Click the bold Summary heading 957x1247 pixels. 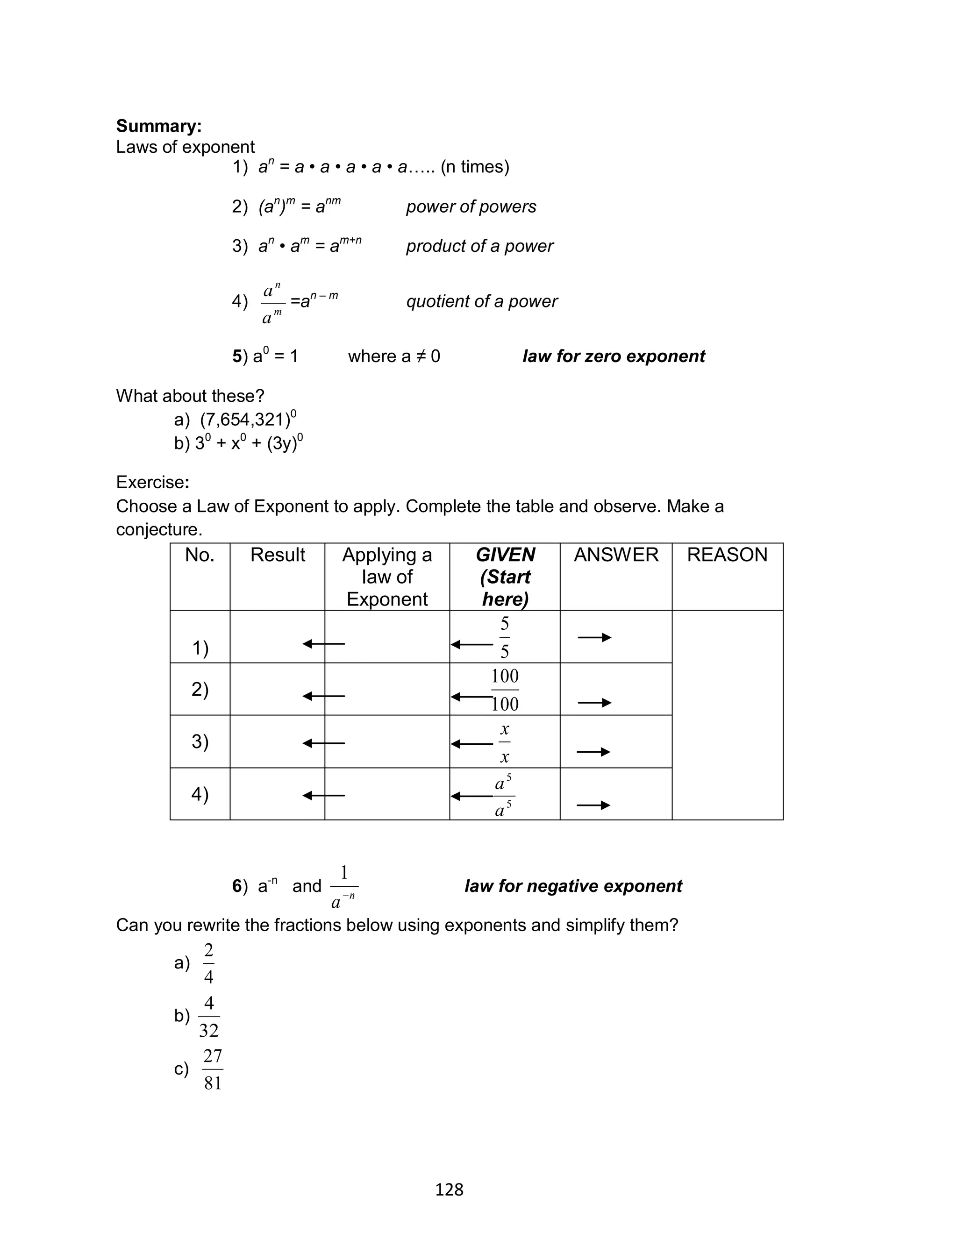coord(158,126)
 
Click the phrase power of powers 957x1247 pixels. coord(471,207)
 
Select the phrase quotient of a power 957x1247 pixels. coord(481,301)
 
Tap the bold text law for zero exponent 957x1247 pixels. coord(614,356)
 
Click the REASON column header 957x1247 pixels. coord(727,555)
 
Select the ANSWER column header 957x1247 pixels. coord(616,555)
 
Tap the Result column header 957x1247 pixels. coord(278,555)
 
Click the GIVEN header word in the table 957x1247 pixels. coord(505,555)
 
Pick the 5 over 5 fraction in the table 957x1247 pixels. coord(505,637)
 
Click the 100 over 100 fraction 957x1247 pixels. coord(505,690)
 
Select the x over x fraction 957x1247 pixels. coord(505,742)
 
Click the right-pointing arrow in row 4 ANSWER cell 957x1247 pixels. coord(593,805)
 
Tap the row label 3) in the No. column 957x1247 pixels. coord(200,741)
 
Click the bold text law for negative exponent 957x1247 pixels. coord(573,886)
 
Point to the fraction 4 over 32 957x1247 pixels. coord(209,1016)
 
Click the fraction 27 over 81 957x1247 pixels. coord(213,1069)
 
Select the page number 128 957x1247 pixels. coord(449,1190)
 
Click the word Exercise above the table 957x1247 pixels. coord(150,482)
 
